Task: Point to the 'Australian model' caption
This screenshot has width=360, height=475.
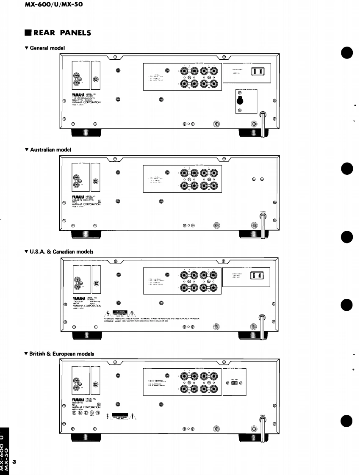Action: click(51, 149)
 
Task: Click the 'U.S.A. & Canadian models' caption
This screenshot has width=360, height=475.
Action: click(61, 251)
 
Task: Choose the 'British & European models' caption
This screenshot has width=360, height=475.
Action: click(62, 353)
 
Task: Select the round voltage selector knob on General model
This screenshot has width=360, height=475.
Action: click(240, 101)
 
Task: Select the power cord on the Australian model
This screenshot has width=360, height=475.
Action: click(263, 224)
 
